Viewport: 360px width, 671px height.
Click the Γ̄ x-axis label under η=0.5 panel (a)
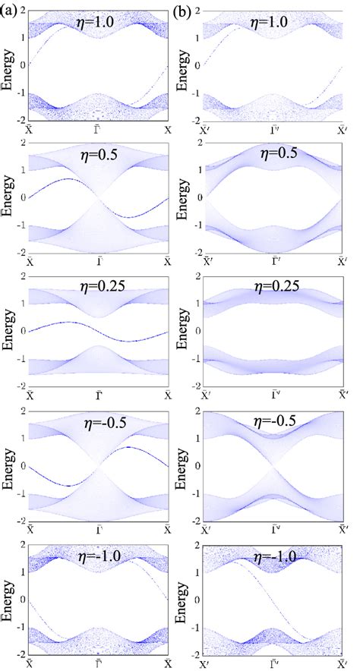coord(98,262)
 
